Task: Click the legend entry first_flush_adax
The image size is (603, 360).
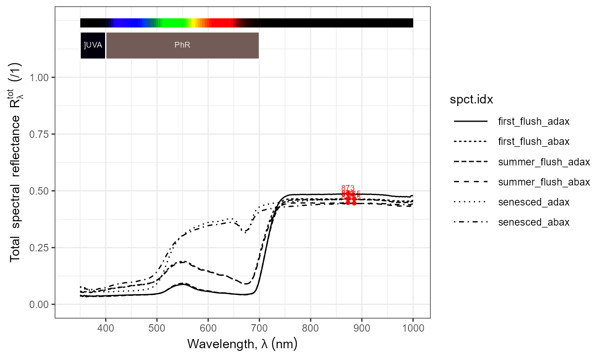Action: pyautogui.click(x=534, y=121)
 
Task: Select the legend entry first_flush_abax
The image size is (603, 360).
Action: pyautogui.click(x=534, y=141)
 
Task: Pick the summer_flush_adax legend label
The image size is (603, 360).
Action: pyautogui.click(x=544, y=162)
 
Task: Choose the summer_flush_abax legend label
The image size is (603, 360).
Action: pyautogui.click(x=544, y=182)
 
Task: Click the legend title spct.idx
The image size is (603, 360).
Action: pyautogui.click(x=471, y=100)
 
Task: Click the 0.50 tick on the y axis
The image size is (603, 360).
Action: pyautogui.click(x=40, y=191)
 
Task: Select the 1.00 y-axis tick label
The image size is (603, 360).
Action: pyautogui.click(x=40, y=77)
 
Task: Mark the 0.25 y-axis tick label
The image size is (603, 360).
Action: pyautogui.click(x=40, y=247)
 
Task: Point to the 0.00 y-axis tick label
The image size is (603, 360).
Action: pyautogui.click(x=40, y=304)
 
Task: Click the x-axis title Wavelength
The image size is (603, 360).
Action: pyautogui.click(x=242, y=344)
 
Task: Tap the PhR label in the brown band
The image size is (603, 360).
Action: pyautogui.click(x=182, y=45)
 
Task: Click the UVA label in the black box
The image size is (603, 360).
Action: pyautogui.click(x=93, y=45)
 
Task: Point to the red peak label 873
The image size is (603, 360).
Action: pyautogui.click(x=348, y=188)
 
